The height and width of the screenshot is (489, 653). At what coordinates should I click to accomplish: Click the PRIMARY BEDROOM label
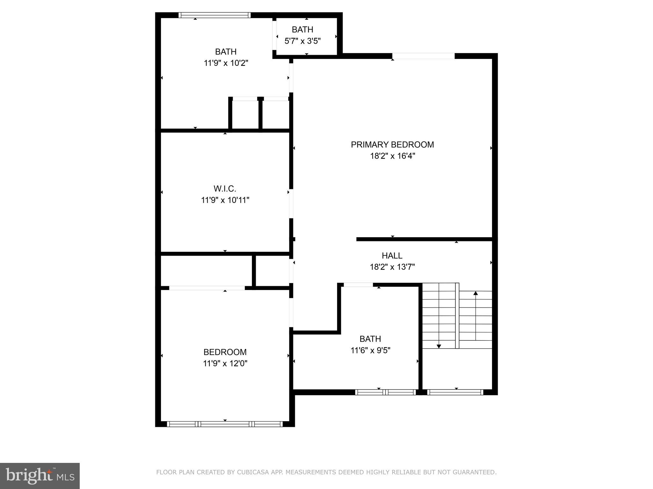pyautogui.click(x=392, y=145)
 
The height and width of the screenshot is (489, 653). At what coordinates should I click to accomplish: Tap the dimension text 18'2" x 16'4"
pyautogui.click(x=392, y=156)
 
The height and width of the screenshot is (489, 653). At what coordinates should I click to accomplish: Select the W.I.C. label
pyautogui.click(x=225, y=189)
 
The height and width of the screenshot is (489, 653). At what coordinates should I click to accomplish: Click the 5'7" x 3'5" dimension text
pyautogui.click(x=302, y=41)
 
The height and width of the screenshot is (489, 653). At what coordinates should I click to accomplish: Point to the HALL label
pyautogui.click(x=392, y=256)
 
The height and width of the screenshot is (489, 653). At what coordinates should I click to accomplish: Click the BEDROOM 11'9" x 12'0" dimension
pyautogui.click(x=225, y=363)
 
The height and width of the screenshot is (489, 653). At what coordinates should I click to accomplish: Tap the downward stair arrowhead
pyautogui.click(x=439, y=346)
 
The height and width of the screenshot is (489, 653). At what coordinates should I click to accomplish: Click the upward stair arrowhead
pyautogui.click(x=475, y=293)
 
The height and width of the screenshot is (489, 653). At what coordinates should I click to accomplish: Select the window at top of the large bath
pyautogui.click(x=214, y=15)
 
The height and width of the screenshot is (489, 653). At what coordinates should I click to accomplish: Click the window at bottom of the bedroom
pyautogui.click(x=225, y=424)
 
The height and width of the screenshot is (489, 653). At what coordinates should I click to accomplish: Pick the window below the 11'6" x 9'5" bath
pyautogui.click(x=385, y=392)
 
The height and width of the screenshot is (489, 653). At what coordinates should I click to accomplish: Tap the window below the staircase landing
pyautogui.click(x=455, y=392)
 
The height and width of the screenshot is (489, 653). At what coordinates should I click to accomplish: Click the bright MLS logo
pyautogui.click(x=40, y=476)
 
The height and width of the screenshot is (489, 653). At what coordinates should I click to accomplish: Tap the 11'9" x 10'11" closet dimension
pyautogui.click(x=225, y=200)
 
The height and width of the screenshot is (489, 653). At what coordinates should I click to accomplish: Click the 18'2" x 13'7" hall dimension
pyautogui.click(x=392, y=267)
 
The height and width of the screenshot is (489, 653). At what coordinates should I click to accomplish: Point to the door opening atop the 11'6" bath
pyautogui.click(x=358, y=285)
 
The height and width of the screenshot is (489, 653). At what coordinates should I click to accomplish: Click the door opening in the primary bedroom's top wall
pyautogui.click(x=423, y=56)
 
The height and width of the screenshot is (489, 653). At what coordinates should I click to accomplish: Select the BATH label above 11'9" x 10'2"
pyautogui.click(x=226, y=52)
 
